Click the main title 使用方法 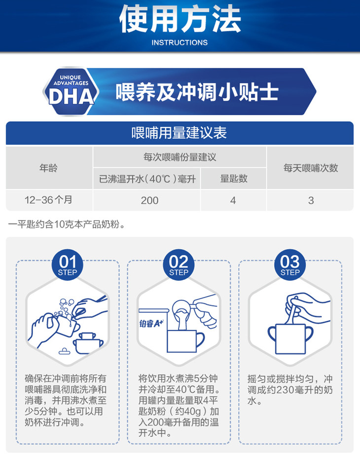180,19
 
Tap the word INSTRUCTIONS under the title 180,43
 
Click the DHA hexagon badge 71,91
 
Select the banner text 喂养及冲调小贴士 197,92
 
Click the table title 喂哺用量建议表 179,133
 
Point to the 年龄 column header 48,168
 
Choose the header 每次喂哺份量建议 180,157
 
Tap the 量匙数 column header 234,179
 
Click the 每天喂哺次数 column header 311,168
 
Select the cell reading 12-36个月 48,200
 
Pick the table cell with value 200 149,200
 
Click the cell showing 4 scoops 233,200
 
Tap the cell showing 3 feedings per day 311,200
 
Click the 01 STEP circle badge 68,265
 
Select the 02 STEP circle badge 179,265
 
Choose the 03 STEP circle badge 290,265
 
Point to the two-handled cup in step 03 290,339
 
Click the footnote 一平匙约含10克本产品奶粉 67,225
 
